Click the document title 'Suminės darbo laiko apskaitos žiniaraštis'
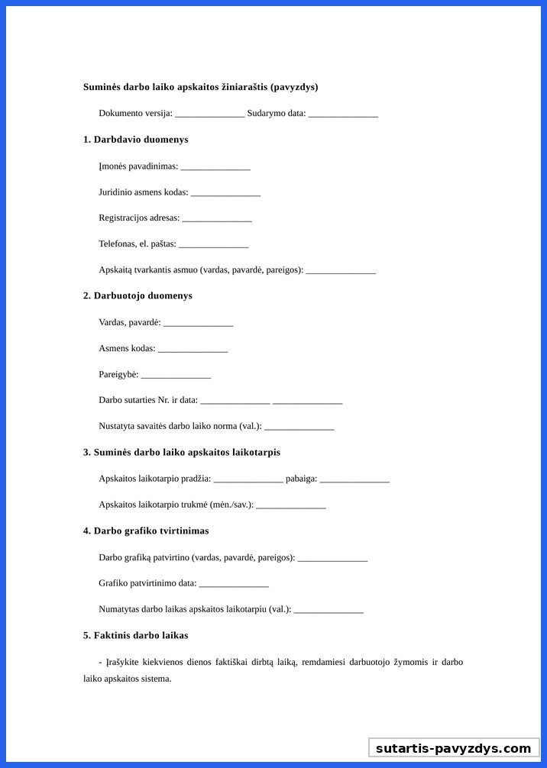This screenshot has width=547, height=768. pyautogui.click(x=200, y=87)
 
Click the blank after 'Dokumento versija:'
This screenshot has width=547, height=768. pyautogui.click(x=209, y=115)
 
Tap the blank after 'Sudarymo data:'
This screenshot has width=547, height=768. pyautogui.click(x=343, y=115)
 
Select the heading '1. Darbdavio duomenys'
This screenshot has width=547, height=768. pyautogui.click(x=135, y=140)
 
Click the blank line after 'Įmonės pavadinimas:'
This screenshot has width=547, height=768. pyautogui.click(x=215, y=167)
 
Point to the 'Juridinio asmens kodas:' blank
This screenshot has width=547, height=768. pyautogui.click(x=225, y=193)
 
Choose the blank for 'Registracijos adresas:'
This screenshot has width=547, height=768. pyautogui.click(x=217, y=219)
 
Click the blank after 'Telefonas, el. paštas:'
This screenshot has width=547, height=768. pyautogui.click(x=213, y=245)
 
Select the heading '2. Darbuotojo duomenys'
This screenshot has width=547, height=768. pyautogui.click(x=138, y=295)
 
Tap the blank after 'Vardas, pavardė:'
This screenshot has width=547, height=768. pyautogui.click(x=198, y=324)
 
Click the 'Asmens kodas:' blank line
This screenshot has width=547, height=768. pyautogui.click(x=193, y=350)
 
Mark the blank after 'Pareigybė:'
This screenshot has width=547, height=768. pyautogui.click(x=176, y=376)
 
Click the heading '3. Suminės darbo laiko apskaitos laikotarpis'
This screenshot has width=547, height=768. pyautogui.click(x=182, y=452)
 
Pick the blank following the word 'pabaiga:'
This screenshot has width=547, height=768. pyautogui.click(x=354, y=479)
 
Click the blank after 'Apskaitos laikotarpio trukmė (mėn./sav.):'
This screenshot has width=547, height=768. pyautogui.click(x=291, y=505)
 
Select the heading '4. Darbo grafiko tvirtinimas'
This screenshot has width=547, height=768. pyautogui.click(x=146, y=531)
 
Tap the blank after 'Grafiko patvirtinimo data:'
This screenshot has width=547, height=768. pyautogui.click(x=234, y=584)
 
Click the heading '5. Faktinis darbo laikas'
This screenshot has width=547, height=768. pyautogui.click(x=135, y=635)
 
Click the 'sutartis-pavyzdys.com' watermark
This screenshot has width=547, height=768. pyautogui.click(x=453, y=748)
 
